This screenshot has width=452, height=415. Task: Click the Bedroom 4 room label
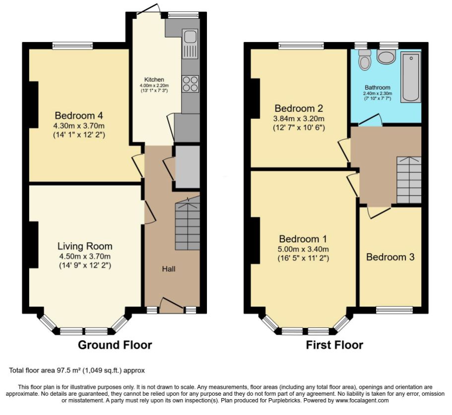[x=79, y=116]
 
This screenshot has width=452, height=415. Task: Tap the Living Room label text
[x=85, y=246]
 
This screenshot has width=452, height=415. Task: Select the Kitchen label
[x=154, y=80]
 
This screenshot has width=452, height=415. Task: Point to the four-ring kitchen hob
[x=191, y=84]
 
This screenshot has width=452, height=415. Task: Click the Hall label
[x=169, y=269]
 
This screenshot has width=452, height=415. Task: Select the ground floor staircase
[x=188, y=223]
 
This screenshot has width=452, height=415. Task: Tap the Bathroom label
[x=378, y=88]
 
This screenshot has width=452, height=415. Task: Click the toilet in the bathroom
[x=365, y=60]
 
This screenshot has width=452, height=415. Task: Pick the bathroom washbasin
[x=387, y=56]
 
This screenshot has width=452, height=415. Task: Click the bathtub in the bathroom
[x=410, y=77]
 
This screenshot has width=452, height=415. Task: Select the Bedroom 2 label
[x=299, y=108]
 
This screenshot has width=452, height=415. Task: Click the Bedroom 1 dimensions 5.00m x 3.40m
[x=304, y=249]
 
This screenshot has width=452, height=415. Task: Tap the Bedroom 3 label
[x=390, y=257]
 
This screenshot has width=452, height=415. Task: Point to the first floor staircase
[x=409, y=180]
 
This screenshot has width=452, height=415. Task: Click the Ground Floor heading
[x=115, y=345]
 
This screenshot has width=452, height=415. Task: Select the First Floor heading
[x=334, y=345]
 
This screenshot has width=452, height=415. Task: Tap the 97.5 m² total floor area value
[x=68, y=370]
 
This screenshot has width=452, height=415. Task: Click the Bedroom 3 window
[x=394, y=310]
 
